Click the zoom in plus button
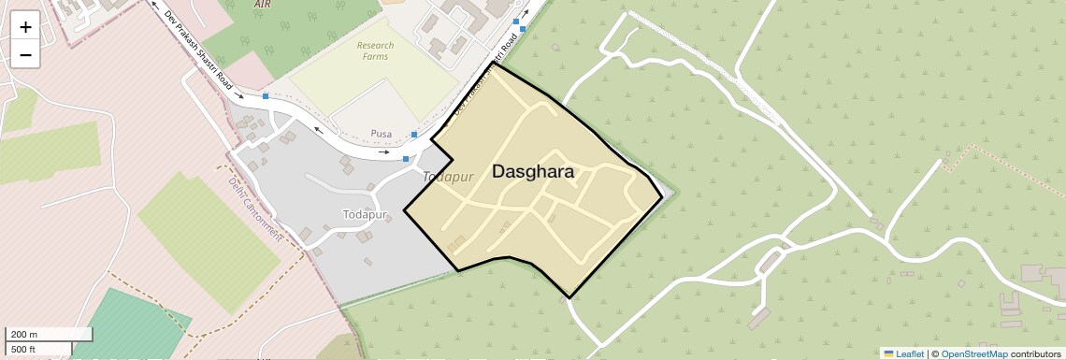point(25,28)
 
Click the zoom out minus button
point(25,55)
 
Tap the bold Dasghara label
point(532,172)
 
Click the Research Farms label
point(375,50)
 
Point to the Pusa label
point(381,135)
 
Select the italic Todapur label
point(443,177)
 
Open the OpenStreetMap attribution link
point(973,353)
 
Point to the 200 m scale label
point(25,334)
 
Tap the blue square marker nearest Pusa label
point(414,136)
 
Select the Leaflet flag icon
point(888,353)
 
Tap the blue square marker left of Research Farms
point(266,96)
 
